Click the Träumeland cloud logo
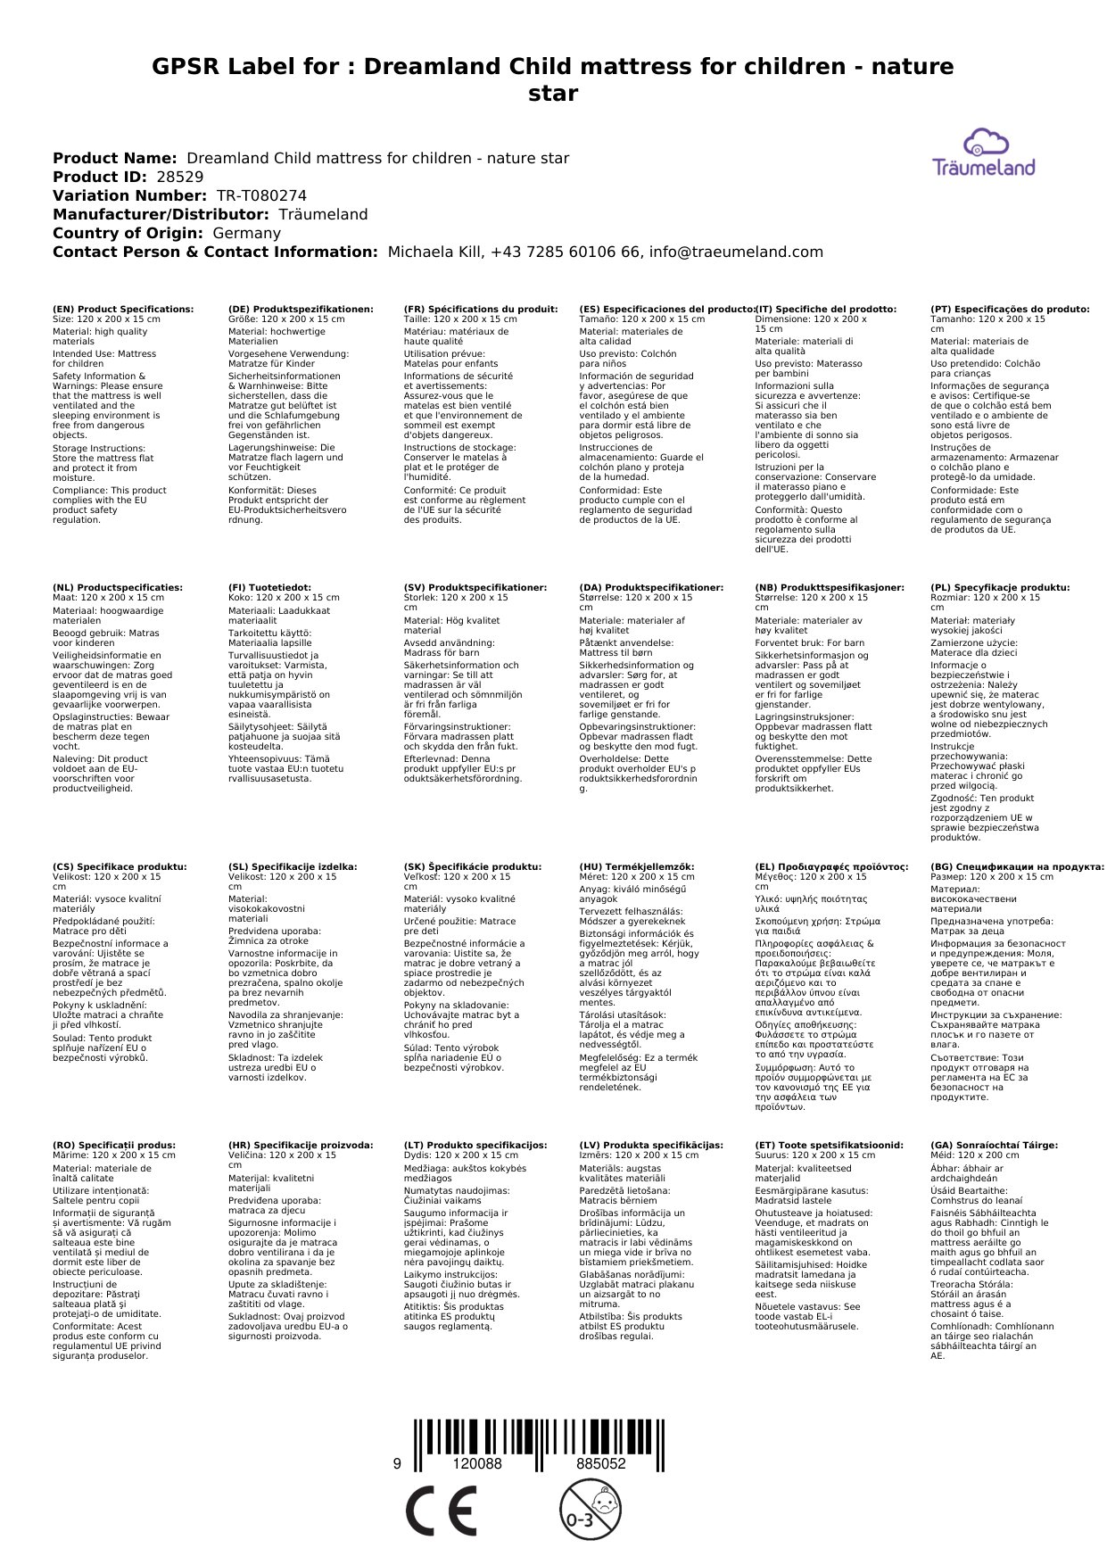pyautogui.click(x=984, y=153)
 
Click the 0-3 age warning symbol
pyautogui.click(x=590, y=1509)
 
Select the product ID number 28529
pyautogui.click(x=180, y=177)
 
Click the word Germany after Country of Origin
pyautogui.click(x=247, y=233)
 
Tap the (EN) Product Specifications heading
pyautogui.click(x=123, y=309)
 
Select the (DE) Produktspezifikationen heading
pyautogui.click(x=301, y=309)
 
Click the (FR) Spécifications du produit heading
pyautogui.click(x=481, y=309)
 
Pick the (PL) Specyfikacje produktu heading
pyautogui.click(x=1000, y=588)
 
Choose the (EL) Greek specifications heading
pyautogui.click(x=831, y=866)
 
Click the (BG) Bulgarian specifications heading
pyautogui.click(x=1017, y=866)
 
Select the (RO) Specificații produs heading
pyautogui.click(x=114, y=1145)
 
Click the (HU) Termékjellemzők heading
pyautogui.click(x=637, y=866)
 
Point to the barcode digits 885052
pyautogui.click(x=601, y=1464)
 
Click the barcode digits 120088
pyautogui.click(x=477, y=1464)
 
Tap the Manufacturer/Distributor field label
pyautogui.click(x=161, y=214)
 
